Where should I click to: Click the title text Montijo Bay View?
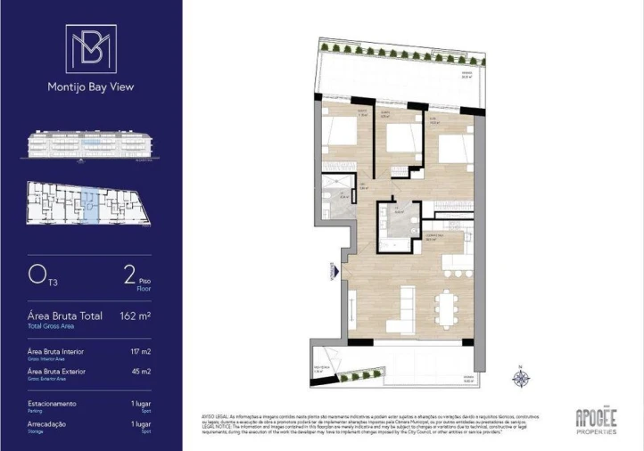[90, 87]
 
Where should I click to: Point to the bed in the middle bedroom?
[400, 139]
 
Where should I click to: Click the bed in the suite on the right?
[454, 146]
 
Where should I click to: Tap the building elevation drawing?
[90, 145]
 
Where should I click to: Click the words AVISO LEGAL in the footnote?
[218, 415]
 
